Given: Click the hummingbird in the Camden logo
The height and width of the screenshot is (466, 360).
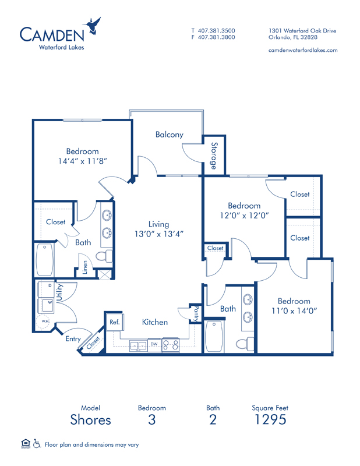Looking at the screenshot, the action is coord(93,26).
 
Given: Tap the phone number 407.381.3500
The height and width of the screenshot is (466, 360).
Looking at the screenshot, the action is coord(217,31).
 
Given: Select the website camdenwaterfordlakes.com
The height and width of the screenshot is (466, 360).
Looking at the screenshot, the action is coord(303,50).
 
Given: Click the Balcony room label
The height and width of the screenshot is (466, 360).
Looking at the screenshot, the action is coord(170,135).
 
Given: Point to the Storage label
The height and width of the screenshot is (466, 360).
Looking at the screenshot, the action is coord(214,156).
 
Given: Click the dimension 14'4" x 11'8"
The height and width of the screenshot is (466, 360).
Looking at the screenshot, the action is coord(83,161).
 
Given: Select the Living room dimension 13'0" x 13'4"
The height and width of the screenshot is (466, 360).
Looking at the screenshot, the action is coord(159,234).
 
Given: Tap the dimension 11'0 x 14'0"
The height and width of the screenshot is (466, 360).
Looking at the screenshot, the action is coord(294,311).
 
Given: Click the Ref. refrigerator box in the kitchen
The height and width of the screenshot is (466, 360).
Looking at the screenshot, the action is coord(115,322).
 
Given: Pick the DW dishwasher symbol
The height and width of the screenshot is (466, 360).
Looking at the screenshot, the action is coord(154,345).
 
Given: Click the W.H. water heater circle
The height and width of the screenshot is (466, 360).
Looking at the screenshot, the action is coord(44,322).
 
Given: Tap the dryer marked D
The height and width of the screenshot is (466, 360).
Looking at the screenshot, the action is coord(46,288).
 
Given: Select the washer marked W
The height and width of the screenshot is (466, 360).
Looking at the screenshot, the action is coord(46,305).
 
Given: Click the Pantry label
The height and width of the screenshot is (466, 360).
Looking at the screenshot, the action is coord(196,314).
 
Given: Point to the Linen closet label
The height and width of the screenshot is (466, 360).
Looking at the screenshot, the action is coord(85,267).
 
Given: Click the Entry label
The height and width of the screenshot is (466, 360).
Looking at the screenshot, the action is coord(73,339).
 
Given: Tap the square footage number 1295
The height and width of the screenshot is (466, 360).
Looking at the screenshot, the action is coord(270,419).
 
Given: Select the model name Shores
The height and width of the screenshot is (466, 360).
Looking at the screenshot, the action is coord(91,419).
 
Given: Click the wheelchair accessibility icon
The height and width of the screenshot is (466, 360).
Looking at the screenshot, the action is coord(37,444).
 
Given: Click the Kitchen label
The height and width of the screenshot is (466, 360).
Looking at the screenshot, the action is coord(155,322).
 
